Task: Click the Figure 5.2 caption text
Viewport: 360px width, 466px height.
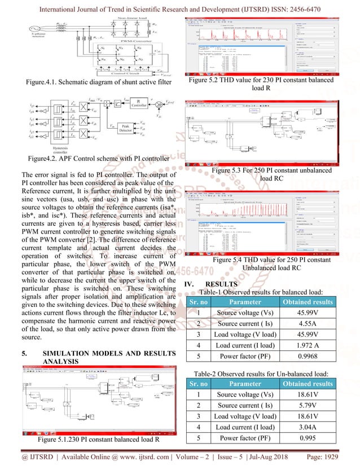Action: coord(265,84)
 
